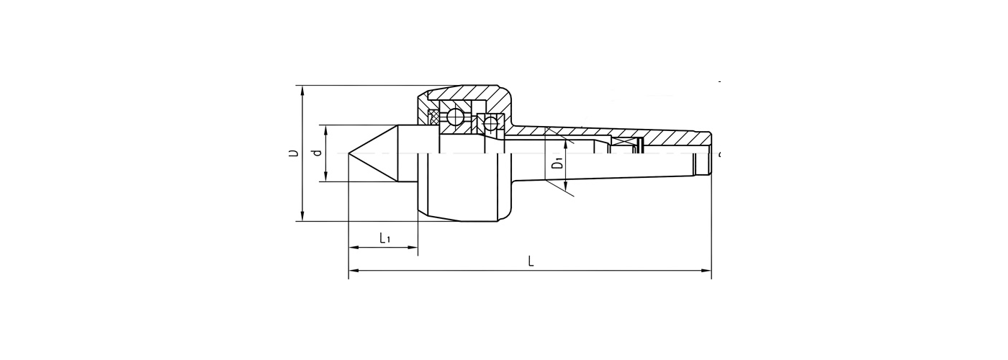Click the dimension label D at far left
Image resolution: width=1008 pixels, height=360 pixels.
(293, 153)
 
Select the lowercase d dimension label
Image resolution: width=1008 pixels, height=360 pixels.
(315, 153)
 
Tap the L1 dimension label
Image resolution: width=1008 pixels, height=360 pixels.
(384, 238)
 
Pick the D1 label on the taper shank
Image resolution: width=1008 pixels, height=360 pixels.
(557, 162)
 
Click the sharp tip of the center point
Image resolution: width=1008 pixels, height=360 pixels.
(349, 153)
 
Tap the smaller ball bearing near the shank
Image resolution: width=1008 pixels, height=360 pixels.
(491, 122)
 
